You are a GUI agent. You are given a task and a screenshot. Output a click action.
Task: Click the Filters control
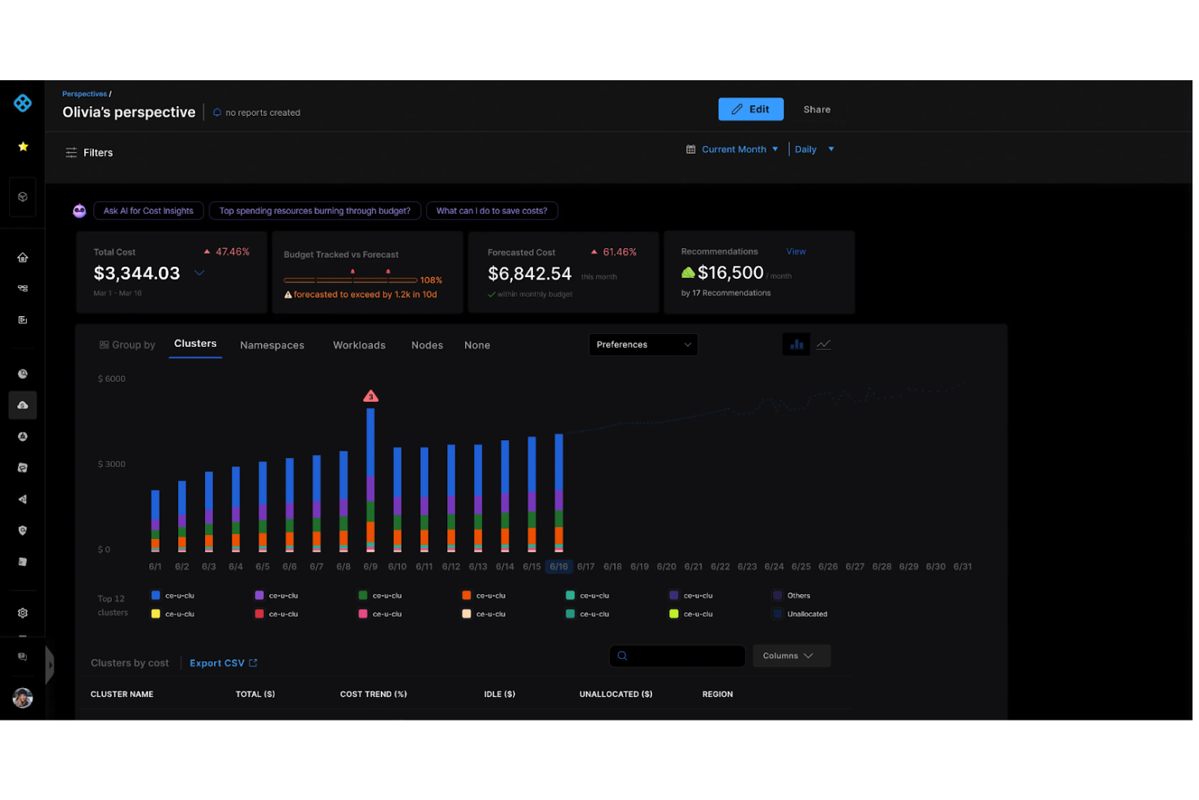click(x=90, y=153)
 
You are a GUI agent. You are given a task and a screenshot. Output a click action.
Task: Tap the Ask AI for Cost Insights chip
click(x=149, y=212)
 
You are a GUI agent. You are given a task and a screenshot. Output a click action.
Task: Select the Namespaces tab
click(x=273, y=346)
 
